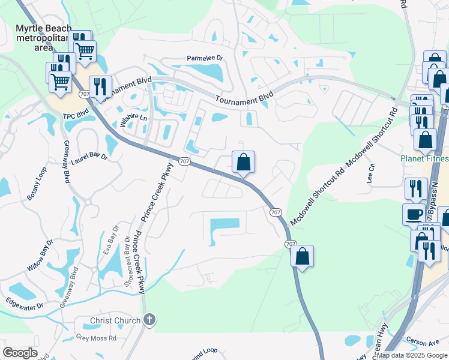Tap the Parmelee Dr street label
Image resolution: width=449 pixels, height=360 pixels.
[205, 58]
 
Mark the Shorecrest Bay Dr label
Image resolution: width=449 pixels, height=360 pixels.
[127, 262]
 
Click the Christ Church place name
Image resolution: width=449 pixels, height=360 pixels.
[115, 320]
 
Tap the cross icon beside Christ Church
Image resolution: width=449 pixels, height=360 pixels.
[150, 320]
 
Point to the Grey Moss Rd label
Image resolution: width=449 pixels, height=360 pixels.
[96, 338]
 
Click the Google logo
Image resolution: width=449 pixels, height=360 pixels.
[20, 353]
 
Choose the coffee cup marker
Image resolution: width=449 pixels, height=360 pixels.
[414, 214]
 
